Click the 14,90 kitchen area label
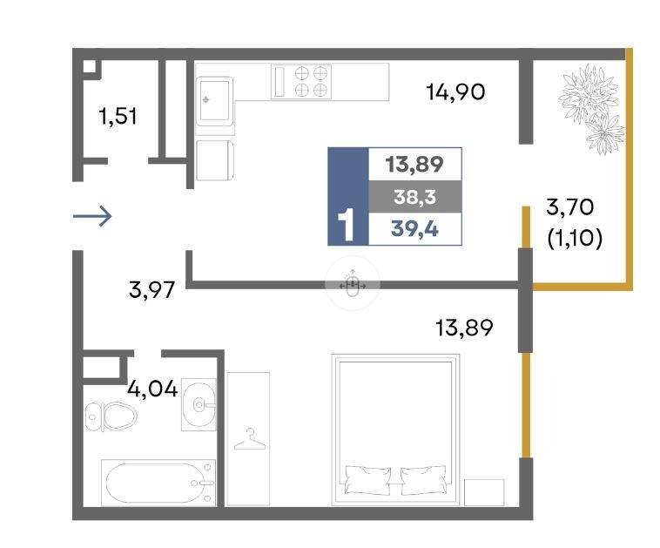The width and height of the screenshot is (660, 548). pos(455,91)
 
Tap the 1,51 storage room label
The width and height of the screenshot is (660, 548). pos(118,116)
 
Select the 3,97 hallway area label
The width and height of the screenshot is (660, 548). pos(152,290)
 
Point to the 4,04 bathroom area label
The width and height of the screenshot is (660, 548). pos(152,389)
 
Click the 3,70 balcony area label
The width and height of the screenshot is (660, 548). pos(570,207)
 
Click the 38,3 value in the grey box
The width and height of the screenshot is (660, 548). pos(414,197)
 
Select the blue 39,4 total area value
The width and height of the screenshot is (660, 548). pos(414,229)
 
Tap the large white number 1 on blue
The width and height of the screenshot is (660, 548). pos(347,226)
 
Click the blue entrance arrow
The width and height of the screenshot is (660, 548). pos(92,217)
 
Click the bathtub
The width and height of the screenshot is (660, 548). pos(158,483)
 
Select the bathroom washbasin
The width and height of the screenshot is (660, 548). pos(199,404)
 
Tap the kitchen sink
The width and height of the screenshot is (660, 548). pos(214,101)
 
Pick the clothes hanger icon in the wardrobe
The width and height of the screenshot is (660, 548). pos(250,439)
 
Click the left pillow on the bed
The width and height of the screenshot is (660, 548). pos(367,479)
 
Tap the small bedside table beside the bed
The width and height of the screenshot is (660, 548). pos(484,492)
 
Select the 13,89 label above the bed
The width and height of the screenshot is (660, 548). pos(464,328)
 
